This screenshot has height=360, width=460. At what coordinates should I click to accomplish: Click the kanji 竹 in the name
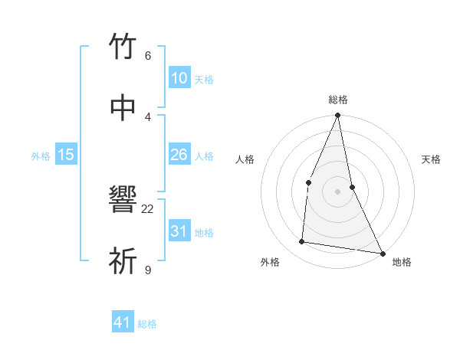(x=123, y=47)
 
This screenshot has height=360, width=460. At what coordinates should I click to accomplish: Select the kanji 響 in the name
(x=123, y=200)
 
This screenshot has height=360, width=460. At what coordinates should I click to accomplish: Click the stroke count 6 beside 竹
(x=148, y=55)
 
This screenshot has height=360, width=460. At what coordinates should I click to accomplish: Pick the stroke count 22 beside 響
(x=148, y=208)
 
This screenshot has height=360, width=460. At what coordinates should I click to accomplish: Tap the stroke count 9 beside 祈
(x=148, y=270)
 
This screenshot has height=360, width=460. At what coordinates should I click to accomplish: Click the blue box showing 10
(x=179, y=78)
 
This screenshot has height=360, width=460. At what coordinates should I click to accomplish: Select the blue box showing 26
(x=179, y=155)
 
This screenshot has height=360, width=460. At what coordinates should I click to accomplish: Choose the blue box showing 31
(x=179, y=231)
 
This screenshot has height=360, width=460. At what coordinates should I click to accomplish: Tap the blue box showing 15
(x=66, y=155)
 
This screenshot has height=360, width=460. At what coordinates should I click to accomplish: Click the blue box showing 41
(x=123, y=322)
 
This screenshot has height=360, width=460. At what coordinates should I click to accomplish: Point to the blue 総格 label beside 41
(x=147, y=324)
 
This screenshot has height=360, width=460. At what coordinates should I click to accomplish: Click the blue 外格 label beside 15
(x=41, y=156)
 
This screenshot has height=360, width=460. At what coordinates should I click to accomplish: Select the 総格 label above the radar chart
(x=338, y=100)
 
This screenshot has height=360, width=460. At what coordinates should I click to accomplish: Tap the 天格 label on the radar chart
(x=432, y=159)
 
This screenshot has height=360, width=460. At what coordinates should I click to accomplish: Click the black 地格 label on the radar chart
(x=402, y=262)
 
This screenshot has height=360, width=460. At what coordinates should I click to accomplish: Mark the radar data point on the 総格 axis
(x=338, y=116)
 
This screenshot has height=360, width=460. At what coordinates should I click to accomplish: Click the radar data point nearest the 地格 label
(x=383, y=253)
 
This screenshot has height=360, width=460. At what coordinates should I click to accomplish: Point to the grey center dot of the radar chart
(x=338, y=191)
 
